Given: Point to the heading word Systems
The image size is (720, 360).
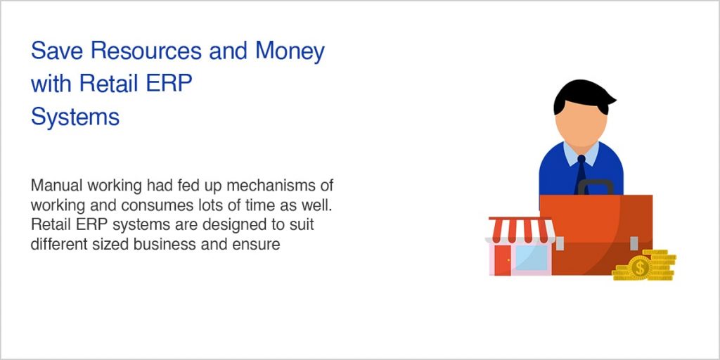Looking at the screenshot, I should point(75,116).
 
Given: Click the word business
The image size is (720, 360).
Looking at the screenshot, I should point(184,245).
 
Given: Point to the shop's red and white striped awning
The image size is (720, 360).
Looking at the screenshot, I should point(521,229).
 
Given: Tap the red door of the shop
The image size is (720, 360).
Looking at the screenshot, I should point(501,259).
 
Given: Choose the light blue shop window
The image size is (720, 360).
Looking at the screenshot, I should point(531,258).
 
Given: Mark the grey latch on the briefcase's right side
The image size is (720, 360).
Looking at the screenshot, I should point(634,243).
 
